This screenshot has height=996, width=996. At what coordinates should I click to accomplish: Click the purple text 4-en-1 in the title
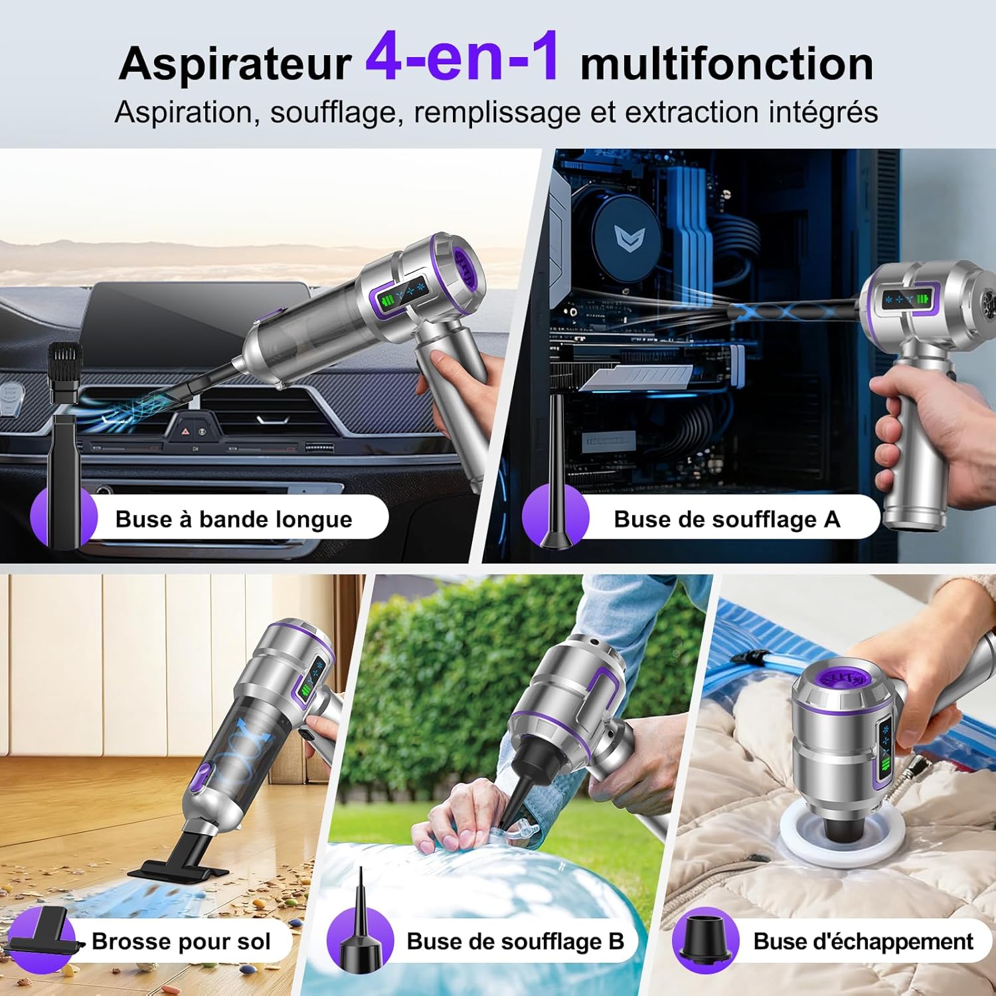point(462,58)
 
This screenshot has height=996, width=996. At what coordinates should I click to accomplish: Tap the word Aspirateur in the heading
point(235,64)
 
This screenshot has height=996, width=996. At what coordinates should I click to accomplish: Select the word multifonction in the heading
point(726,64)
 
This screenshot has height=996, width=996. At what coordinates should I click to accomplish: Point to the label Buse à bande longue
point(234,519)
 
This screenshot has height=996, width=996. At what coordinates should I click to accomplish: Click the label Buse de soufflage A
point(726,519)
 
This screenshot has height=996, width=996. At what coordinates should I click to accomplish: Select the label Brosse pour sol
point(181,941)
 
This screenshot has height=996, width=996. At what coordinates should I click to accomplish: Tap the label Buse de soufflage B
point(515,941)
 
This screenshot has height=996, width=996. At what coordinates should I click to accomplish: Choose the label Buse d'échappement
point(863,941)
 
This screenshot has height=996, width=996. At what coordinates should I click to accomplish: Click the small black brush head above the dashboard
point(65,372)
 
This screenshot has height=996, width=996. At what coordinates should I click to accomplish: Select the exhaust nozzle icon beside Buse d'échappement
point(705,938)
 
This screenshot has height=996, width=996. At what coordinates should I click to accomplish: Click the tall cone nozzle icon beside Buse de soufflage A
point(556,475)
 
